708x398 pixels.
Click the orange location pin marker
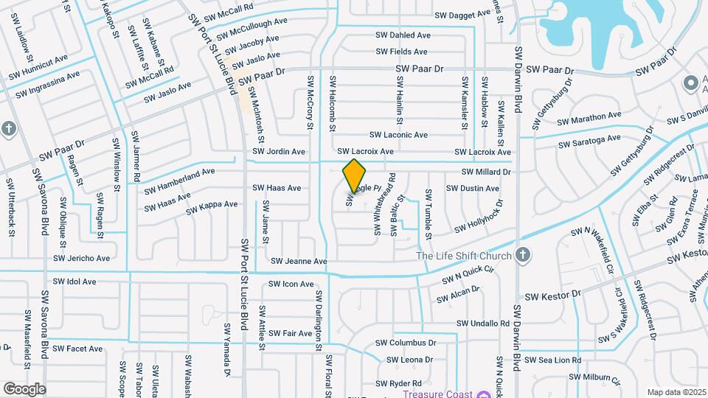355,175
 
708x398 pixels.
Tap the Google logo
24,388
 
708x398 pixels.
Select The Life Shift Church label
464,256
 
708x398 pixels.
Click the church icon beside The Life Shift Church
523,255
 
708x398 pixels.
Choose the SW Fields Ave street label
401,52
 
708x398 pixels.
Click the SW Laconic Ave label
398,135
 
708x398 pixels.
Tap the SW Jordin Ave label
278,152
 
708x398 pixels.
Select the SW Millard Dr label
486,172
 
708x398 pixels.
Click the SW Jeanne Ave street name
298,261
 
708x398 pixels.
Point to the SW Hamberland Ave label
179,181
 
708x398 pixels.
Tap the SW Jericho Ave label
81,259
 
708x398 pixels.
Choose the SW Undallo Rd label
483,324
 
